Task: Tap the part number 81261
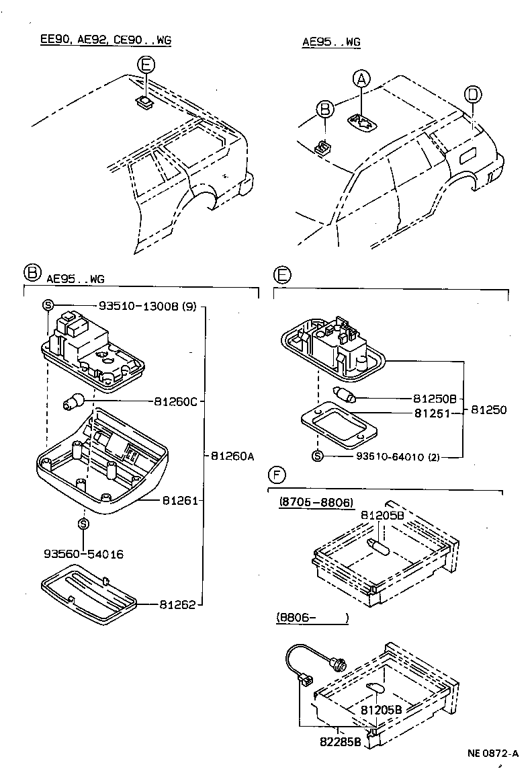pyautogui.click(x=178, y=501)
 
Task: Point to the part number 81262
pyautogui.click(x=177, y=604)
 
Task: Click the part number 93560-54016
pyautogui.click(x=83, y=555)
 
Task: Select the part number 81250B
pyautogui.click(x=435, y=399)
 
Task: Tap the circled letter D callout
pyautogui.click(x=473, y=95)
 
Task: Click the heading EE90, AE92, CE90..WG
pyautogui.click(x=105, y=40)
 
